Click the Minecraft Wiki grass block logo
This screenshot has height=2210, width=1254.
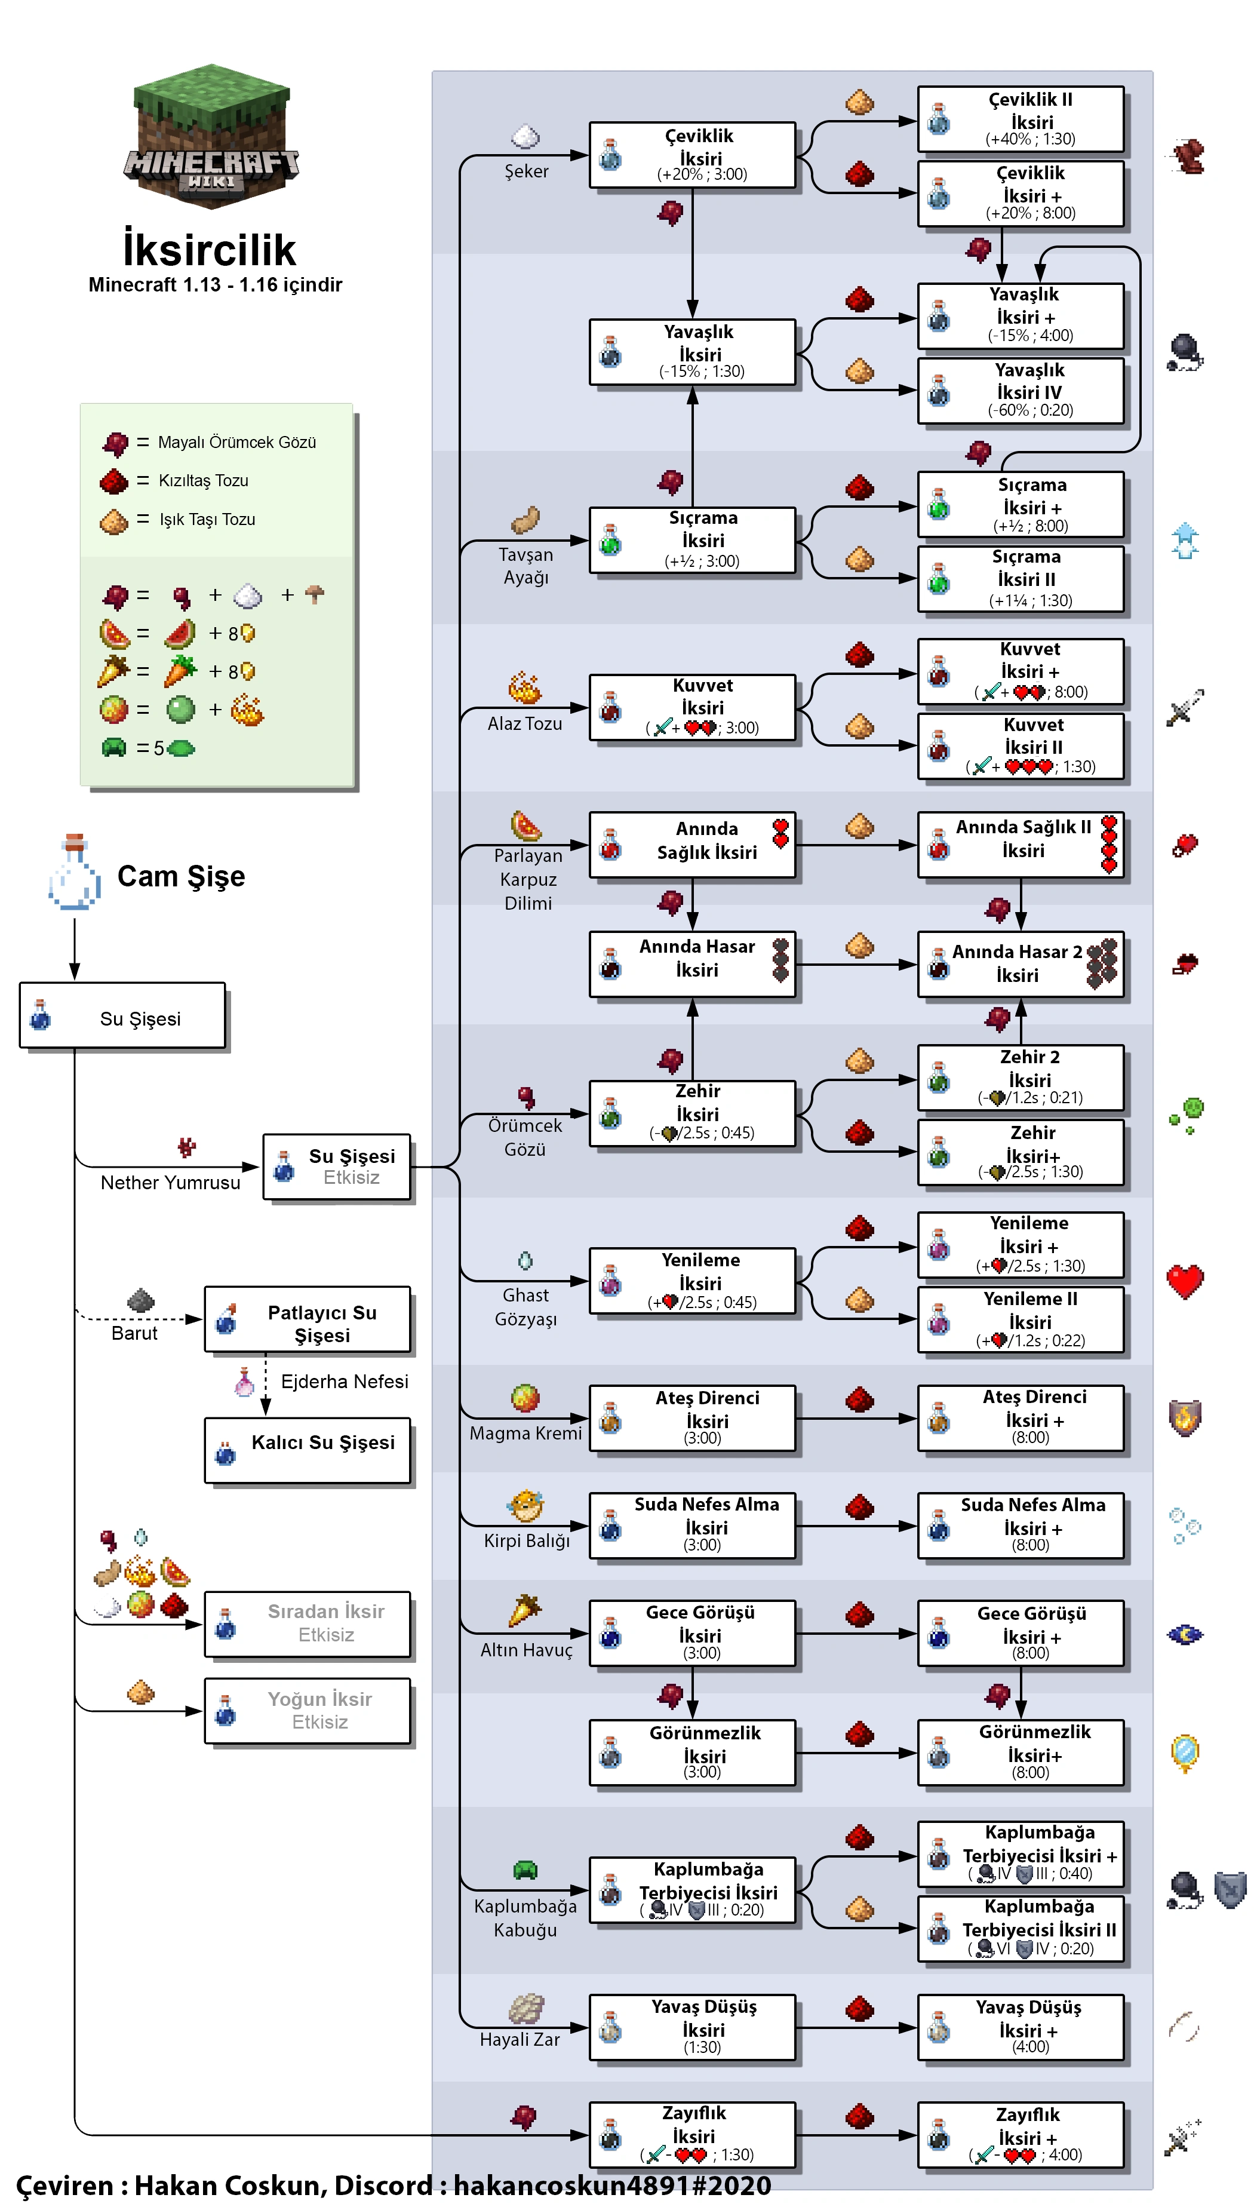coord(211,136)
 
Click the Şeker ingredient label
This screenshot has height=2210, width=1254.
coord(526,171)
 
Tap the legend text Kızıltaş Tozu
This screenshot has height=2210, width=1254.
coord(203,481)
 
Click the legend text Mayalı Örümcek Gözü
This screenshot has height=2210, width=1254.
coord(237,443)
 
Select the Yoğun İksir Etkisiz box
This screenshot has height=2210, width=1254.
coord(308,1711)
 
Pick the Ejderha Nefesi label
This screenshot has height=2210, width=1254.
coord(345,1382)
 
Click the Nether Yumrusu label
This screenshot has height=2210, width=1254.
coord(171,1183)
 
